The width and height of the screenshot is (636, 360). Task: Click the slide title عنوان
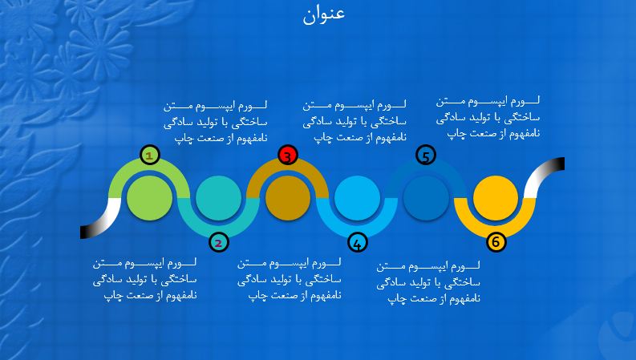tap(324, 14)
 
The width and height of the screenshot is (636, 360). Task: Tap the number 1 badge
tap(150, 155)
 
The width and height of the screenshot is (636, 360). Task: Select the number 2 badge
tap(218, 242)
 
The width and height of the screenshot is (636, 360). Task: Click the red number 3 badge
tap(288, 156)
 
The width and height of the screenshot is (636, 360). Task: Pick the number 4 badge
tap(358, 242)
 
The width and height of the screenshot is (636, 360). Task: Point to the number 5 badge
tap(426, 155)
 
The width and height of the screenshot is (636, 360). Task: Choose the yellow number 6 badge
tap(496, 242)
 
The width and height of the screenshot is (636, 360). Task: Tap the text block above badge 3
tap(354, 120)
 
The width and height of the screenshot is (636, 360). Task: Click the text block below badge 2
tap(144, 279)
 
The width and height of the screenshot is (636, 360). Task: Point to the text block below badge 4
tap(290, 279)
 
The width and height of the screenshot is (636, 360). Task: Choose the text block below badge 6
tap(428, 281)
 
